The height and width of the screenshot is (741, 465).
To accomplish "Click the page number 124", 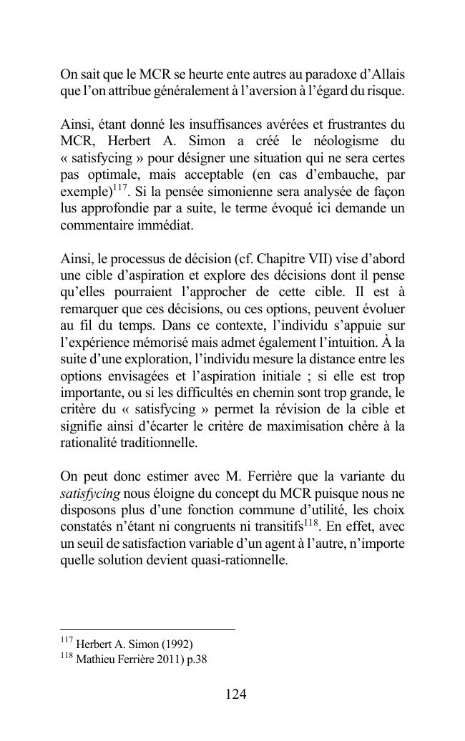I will click(x=235, y=694).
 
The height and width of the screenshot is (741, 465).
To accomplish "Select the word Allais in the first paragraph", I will click(x=387, y=74).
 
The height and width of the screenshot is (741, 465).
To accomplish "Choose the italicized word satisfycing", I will click(x=91, y=493).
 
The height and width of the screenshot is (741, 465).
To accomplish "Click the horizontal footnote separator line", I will click(x=147, y=629).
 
